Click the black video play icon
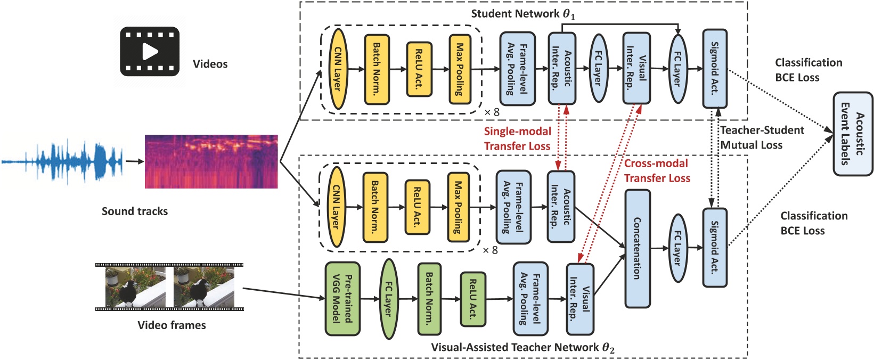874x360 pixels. [x=150, y=52]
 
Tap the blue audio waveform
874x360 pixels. [x=63, y=161]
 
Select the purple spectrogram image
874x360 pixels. [x=211, y=161]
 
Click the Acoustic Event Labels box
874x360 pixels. [x=853, y=134]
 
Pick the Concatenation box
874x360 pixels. [x=638, y=248]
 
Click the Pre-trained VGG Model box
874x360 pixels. [x=342, y=299]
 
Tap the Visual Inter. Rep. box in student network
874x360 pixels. [x=636, y=68]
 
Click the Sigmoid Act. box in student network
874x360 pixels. [x=715, y=68]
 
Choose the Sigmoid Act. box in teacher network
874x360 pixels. [x=715, y=248]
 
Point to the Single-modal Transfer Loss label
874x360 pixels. [x=517, y=138]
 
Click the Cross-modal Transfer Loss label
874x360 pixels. [x=657, y=170]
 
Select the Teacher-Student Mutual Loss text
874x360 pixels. [x=762, y=137]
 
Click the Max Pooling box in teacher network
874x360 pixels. [x=458, y=208]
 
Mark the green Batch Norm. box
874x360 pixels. [x=429, y=299]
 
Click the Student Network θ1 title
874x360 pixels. [x=523, y=14]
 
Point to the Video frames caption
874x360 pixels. [x=171, y=325]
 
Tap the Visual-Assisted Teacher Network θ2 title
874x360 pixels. [x=522, y=348]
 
